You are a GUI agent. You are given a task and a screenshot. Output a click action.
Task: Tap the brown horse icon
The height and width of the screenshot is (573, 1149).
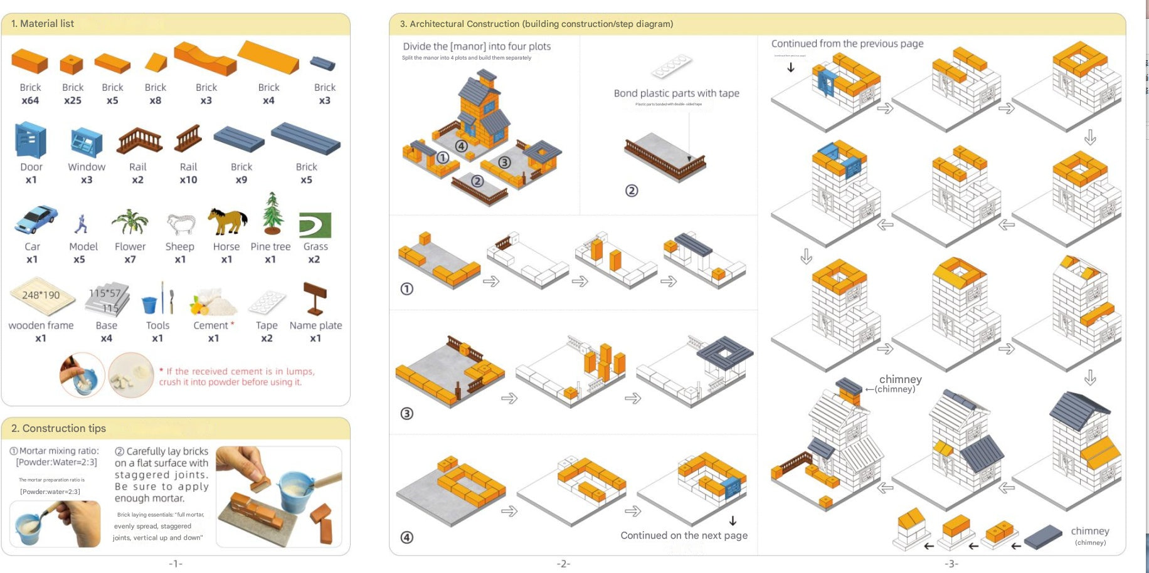227,221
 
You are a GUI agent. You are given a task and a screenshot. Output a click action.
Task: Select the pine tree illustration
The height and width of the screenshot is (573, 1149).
272,214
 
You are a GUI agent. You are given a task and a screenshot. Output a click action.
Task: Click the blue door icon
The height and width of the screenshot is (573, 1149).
31,140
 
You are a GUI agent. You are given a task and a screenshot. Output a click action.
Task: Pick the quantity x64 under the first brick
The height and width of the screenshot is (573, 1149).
30,100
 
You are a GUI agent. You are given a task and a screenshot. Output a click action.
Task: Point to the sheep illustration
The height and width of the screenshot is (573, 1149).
181,224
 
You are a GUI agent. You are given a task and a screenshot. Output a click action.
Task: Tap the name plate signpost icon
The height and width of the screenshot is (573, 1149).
315,298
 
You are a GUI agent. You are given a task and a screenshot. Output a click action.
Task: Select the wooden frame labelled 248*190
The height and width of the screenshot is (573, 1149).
41,295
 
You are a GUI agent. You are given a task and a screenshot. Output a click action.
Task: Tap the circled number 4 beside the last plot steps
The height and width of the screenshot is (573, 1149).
407,537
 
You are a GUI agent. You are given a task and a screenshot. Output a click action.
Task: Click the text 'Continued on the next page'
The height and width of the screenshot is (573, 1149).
684,535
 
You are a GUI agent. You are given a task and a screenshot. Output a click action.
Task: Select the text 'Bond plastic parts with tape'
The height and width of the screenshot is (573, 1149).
676,93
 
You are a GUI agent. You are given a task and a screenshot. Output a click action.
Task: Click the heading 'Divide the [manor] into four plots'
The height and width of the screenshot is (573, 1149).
477,46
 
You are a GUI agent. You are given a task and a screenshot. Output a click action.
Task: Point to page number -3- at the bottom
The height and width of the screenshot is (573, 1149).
951,564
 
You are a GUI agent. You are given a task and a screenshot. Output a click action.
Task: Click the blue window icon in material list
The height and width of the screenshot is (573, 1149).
87,142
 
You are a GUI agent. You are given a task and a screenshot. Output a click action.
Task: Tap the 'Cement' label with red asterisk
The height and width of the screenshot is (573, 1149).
213,325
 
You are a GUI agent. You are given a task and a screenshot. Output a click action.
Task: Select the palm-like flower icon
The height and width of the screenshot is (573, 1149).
130,222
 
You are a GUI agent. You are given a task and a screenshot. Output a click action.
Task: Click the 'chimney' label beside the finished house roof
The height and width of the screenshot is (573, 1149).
900,379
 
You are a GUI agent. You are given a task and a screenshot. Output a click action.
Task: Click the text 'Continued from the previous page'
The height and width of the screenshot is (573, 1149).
847,44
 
